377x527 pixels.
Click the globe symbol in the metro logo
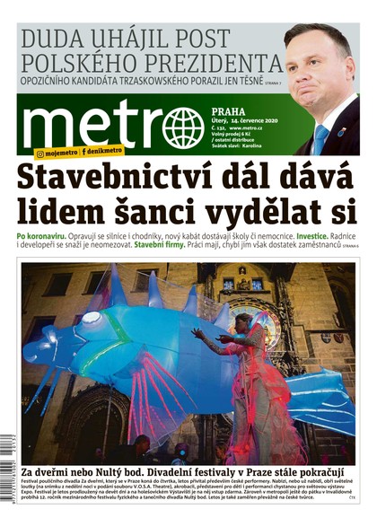183,127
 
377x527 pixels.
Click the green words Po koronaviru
42,235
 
